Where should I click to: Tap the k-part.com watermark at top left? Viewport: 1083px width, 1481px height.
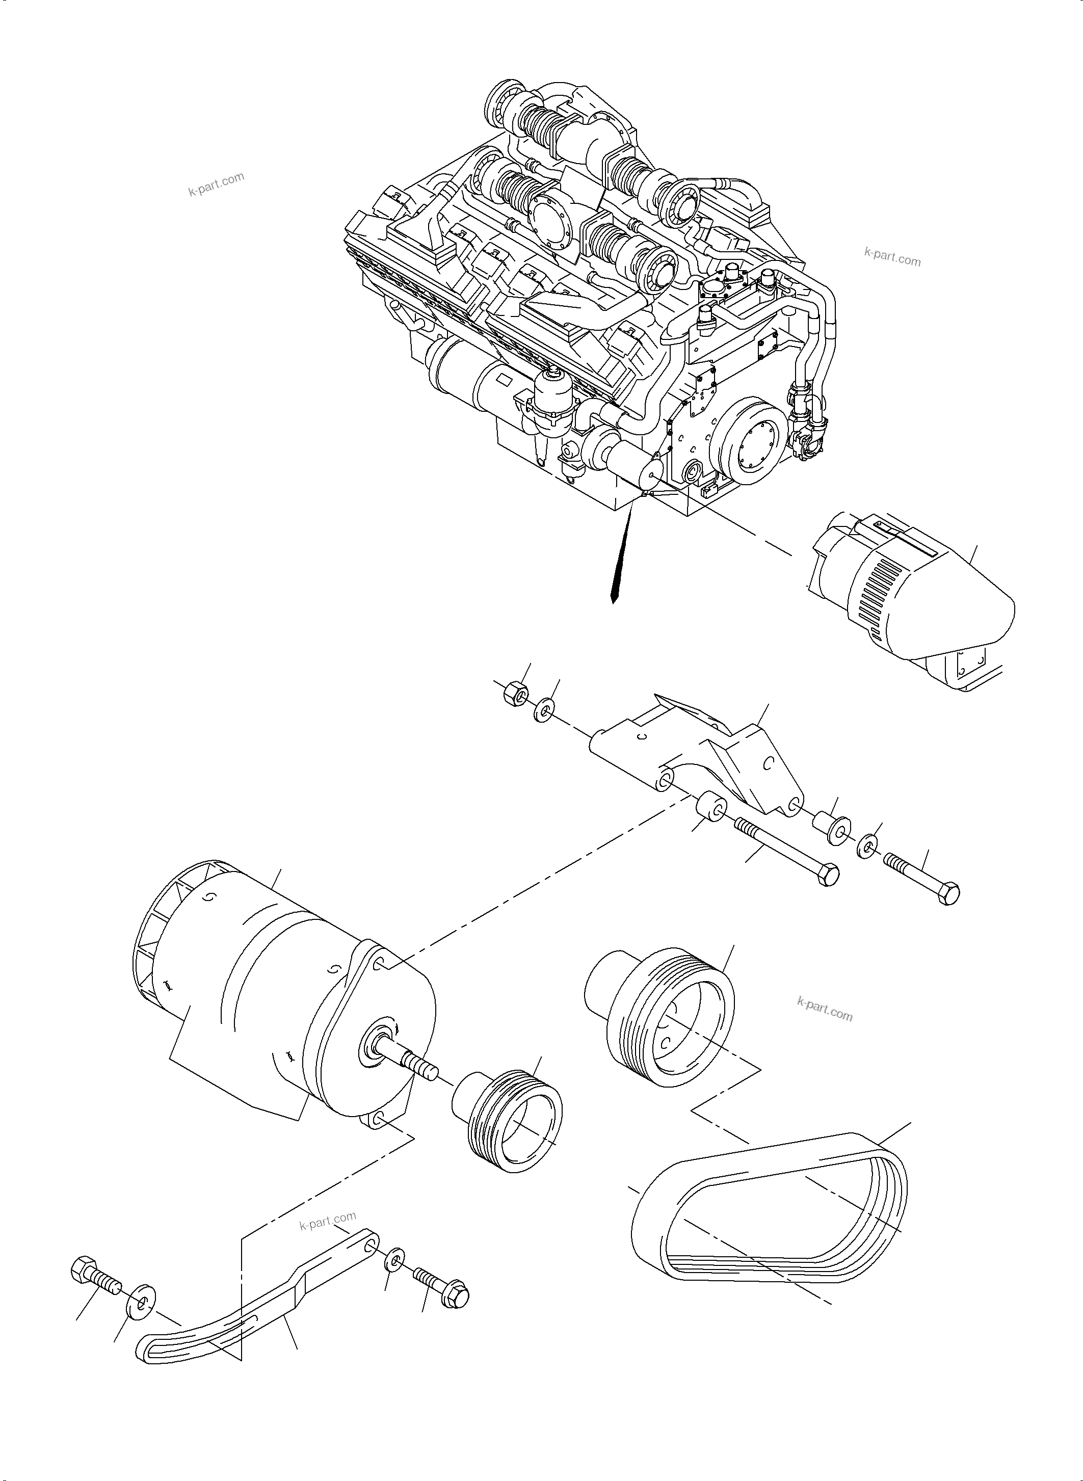(x=216, y=184)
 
